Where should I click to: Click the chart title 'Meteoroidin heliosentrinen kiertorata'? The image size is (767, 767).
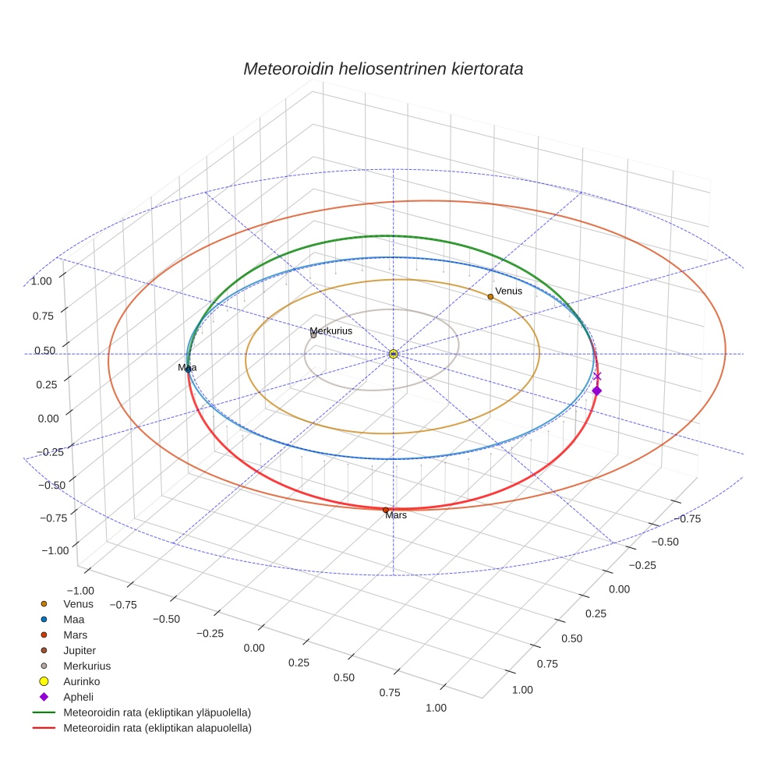click(383, 69)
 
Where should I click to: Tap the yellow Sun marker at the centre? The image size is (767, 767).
click(394, 354)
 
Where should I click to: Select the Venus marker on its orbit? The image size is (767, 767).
click(490, 296)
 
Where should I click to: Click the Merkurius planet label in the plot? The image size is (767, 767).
click(331, 331)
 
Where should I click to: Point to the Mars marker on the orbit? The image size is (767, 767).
click(386, 510)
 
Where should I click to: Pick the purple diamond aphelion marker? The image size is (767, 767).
click(596, 391)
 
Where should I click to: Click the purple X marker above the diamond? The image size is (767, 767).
click(597, 376)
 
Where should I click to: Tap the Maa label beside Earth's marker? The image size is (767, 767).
click(187, 367)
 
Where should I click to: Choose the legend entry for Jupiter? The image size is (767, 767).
click(80, 650)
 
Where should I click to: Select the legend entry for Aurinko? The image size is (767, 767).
click(81, 681)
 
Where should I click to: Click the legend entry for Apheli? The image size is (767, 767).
click(78, 697)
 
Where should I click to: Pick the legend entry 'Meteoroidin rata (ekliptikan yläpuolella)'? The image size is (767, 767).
click(157, 712)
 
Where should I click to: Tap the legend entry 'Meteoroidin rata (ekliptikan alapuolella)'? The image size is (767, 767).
click(157, 728)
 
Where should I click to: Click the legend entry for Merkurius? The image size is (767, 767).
click(87, 666)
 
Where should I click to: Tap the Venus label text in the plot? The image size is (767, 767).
click(508, 291)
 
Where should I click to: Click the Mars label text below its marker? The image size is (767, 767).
click(396, 515)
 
